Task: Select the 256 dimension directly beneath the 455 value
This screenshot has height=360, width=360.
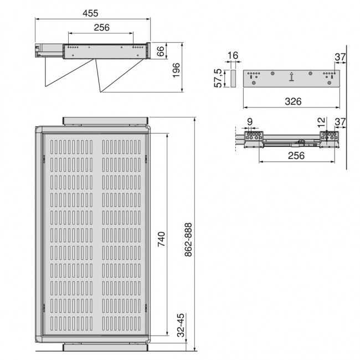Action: pyautogui.click(x=101, y=27)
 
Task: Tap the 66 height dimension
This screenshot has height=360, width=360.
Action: pyautogui.click(x=161, y=52)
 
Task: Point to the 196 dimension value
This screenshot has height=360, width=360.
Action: pyautogui.click(x=177, y=70)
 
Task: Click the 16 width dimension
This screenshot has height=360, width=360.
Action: pyautogui.click(x=233, y=55)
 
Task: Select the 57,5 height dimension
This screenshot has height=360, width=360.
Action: pyautogui.click(x=220, y=78)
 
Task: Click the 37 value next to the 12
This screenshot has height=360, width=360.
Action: pyautogui.click(x=340, y=121)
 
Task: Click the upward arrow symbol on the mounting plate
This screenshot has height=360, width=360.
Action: pyautogui.click(x=291, y=78)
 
